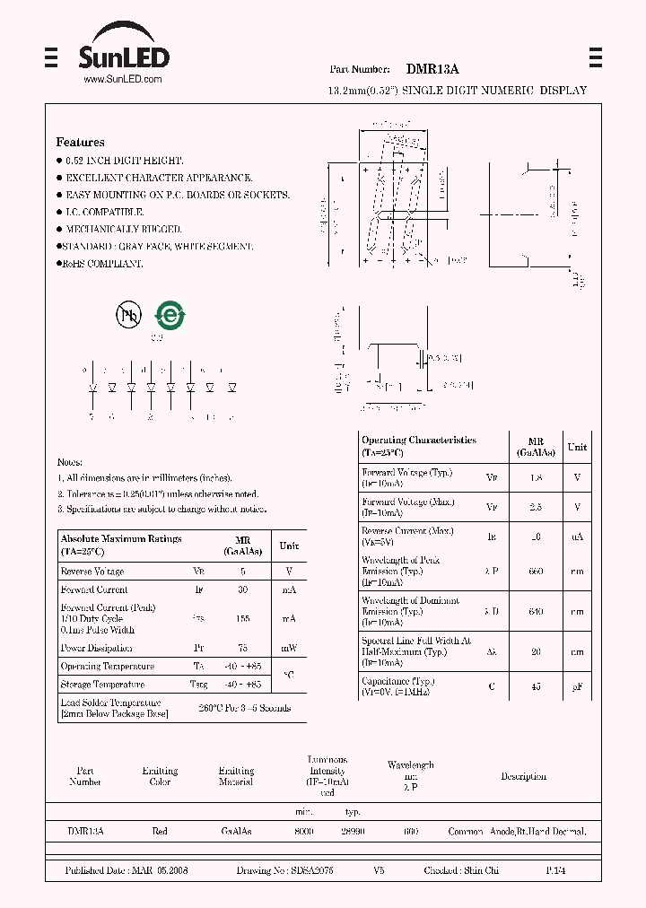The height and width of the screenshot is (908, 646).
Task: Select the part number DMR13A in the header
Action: (432, 68)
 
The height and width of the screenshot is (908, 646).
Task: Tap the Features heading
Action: (80, 142)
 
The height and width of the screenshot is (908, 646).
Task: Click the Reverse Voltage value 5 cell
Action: (242, 571)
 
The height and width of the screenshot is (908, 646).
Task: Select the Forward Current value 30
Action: (242, 589)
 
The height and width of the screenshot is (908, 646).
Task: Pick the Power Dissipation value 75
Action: (242, 648)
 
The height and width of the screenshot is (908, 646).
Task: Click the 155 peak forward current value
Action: (242, 619)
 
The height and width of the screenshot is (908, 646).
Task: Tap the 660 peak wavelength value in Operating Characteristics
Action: (537, 571)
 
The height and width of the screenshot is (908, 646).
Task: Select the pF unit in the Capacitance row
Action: (577, 688)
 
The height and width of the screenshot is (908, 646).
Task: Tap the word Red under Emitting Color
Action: (160, 832)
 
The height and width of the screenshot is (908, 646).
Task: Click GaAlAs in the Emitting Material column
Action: (236, 832)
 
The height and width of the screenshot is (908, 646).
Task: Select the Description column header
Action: (523, 776)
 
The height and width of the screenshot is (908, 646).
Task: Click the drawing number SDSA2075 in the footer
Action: (310, 871)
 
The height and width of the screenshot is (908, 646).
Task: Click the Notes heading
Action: (69, 461)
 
